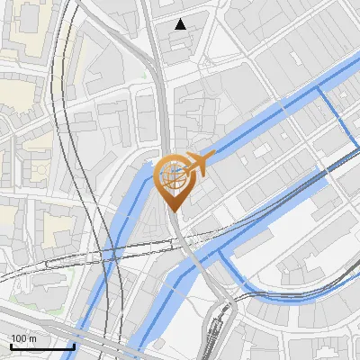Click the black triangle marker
(x=181, y=24)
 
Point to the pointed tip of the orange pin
(x=174, y=211)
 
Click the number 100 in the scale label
(x=19, y=338)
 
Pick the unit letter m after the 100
(x=32, y=338)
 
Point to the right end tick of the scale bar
(x=73, y=344)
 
